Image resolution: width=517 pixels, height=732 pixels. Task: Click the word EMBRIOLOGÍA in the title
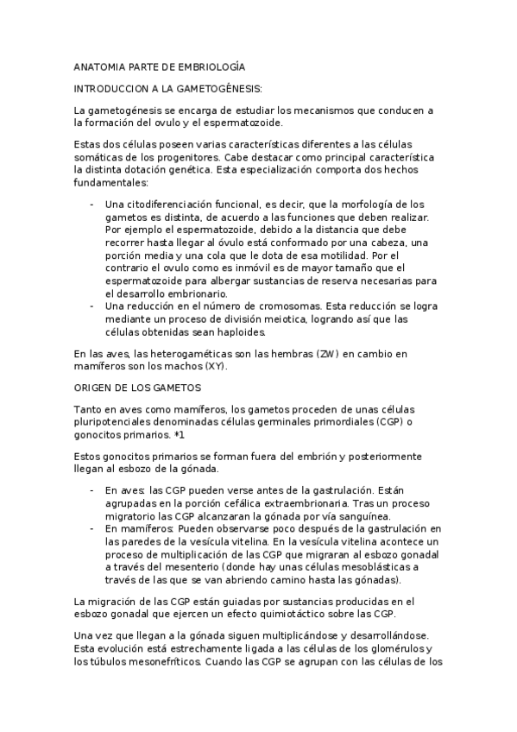(x=207, y=66)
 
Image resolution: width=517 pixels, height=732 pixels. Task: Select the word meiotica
(x=277, y=319)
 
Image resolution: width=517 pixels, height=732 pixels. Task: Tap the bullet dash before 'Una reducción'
(x=92, y=306)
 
